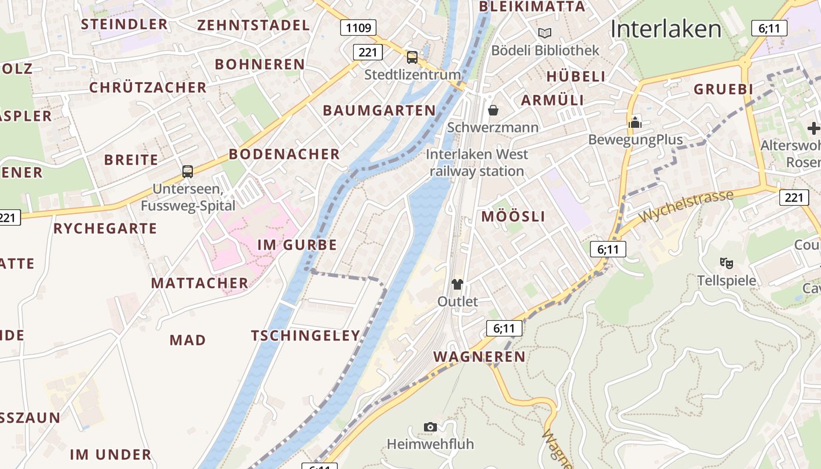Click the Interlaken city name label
point(666,29)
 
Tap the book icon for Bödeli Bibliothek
point(545,33)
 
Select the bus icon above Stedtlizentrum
point(412,57)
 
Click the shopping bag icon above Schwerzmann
point(493,110)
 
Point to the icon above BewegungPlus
point(635,123)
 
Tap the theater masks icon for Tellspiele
point(727,263)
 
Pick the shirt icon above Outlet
point(457,284)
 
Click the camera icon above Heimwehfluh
point(430,427)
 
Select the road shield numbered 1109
point(358,28)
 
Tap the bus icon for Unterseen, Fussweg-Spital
point(188,171)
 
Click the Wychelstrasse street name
point(686,206)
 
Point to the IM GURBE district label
point(297,245)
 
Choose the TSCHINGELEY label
point(306,336)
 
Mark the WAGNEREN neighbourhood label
point(479,357)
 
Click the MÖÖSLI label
point(513,216)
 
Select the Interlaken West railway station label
point(477,162)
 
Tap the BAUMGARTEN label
point(379,110)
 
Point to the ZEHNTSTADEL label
point(253,25)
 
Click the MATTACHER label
point(200,283)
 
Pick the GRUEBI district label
point(723,89)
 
